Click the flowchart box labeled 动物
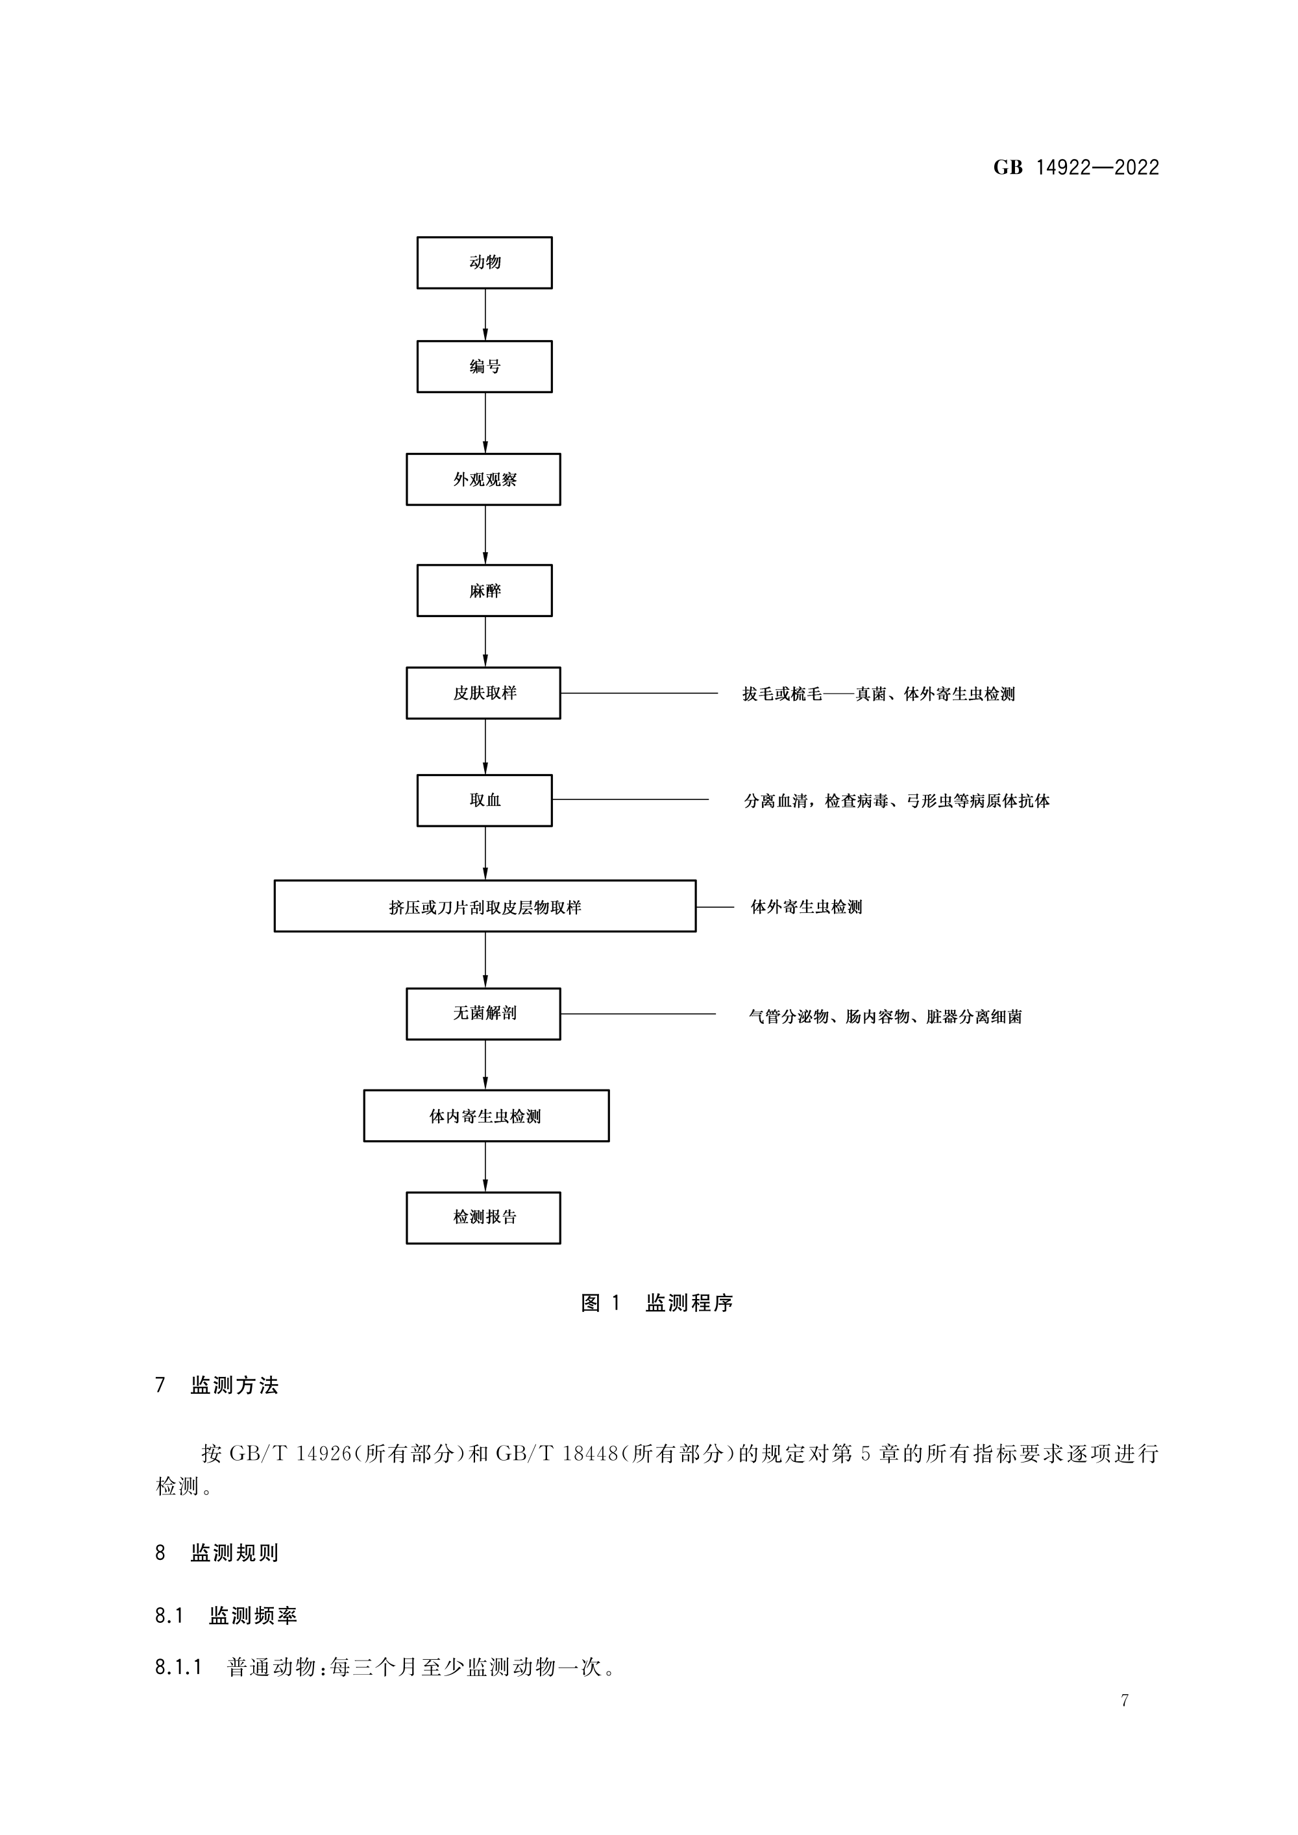pyautogui.click(x=484, y=262)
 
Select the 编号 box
pyautogui.click(x=484, y=367)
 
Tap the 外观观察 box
pyautogui.click(x=484, y=480)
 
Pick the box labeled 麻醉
pyautogui.click(x=484, y=590)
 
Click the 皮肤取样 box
pyautogui.click(x=484, y=693)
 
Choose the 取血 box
pyautogui.click(x=484, y=800)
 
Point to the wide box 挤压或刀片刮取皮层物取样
pyautogui.click(x=485, y=906)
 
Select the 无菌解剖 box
pyautogui.click(x=484, y=1014)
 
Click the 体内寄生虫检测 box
pyautogui.click(x=486, y=1115)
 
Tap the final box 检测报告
pyautogui.click(x=484, y=1217)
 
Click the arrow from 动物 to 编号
pyautogui.click(x=485, y=315)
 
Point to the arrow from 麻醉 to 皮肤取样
pyautogui.click(x=485, y=642)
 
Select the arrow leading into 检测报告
pyautogui.click(x=485, y=1167)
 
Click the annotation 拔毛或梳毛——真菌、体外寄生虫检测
pyautogui.click(x=878, y=694)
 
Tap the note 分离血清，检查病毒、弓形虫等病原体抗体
pyautogui.click(x=897, y=801)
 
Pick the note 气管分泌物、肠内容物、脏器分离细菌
pyautogui.click(x=885, y=1017)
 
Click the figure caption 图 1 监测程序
pyautogui.click(x=657, y=1304)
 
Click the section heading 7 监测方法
pyautogui.click(x=217, y=1386)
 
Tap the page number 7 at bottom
pyautogui.click(x=1125, y=1701)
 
